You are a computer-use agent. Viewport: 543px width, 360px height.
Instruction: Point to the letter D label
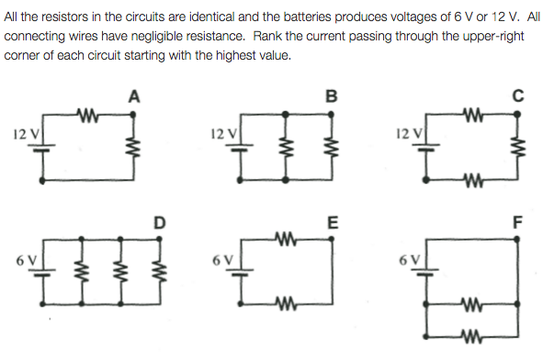pos(160,221)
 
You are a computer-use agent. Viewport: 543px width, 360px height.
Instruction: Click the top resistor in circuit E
pos(288,242)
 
